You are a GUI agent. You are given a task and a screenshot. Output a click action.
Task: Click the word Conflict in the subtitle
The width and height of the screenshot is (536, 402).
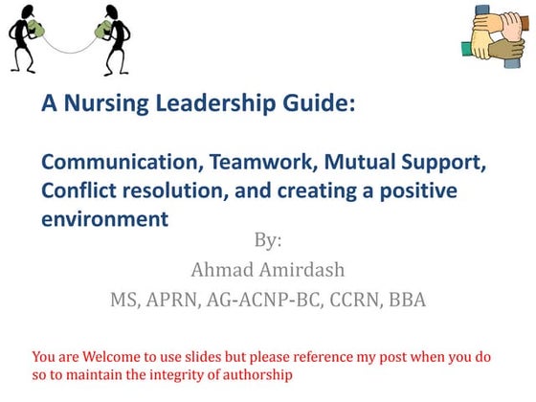pyautogui.click(x=78, y=190)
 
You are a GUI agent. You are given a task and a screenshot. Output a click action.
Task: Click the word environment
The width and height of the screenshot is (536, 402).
pyautogui.click(x=104, y=219)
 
